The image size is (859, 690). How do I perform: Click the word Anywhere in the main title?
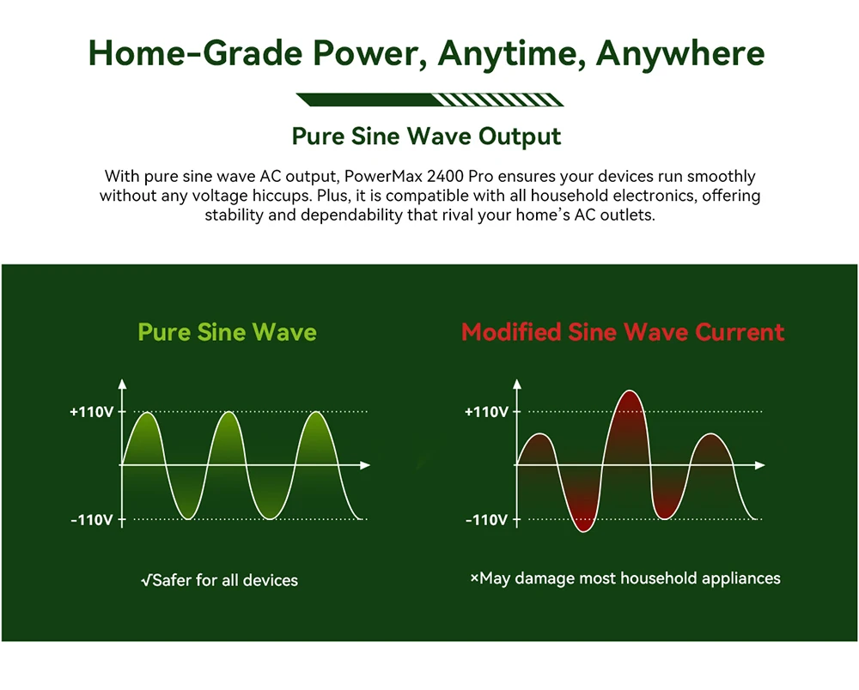tap(679, 53)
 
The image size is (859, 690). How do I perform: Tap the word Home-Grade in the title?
tap(195, 53)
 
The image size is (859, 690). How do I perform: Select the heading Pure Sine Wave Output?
tap(426, 136)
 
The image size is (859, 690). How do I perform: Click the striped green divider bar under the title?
tap(430, 100)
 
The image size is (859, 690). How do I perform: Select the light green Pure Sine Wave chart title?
tap(228, 332)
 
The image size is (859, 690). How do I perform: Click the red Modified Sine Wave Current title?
tap(623, 332)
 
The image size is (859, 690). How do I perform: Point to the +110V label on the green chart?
tap(92, 411)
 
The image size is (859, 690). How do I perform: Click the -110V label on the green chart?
tap(92, 519)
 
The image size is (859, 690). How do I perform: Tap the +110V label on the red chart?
tap(486, 411)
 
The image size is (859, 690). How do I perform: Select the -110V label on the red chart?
tap(486, 519)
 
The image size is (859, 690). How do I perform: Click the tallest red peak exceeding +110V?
tap(630, 391)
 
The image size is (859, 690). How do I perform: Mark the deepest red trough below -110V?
tap(583, 530)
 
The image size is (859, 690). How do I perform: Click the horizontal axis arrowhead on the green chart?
tap(365, 465)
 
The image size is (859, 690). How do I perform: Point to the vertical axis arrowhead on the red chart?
tap(516, 384)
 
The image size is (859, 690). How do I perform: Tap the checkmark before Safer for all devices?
tap(146, 580)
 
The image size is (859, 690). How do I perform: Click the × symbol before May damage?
tap(474, 578)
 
